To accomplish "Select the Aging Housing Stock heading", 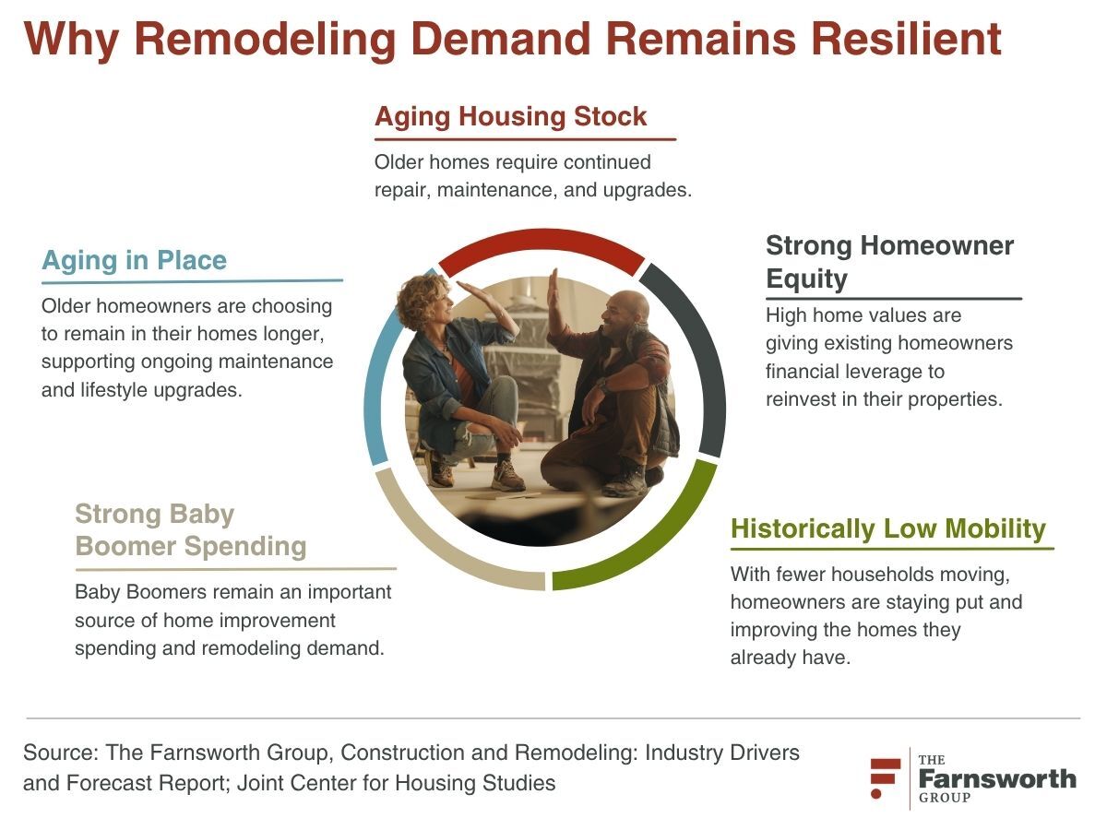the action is [510, 117].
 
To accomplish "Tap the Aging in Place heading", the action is [134, 261].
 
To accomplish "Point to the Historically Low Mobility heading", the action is [888, 529].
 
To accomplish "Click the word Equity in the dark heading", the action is [806, 279].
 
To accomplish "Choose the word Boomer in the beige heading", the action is [125, 546].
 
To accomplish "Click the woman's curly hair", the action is [423, 301].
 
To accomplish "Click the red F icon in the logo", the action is [885, 778].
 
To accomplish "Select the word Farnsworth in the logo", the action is [997, 779].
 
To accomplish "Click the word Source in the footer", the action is [61, 753].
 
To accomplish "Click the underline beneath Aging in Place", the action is [192, 281].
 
